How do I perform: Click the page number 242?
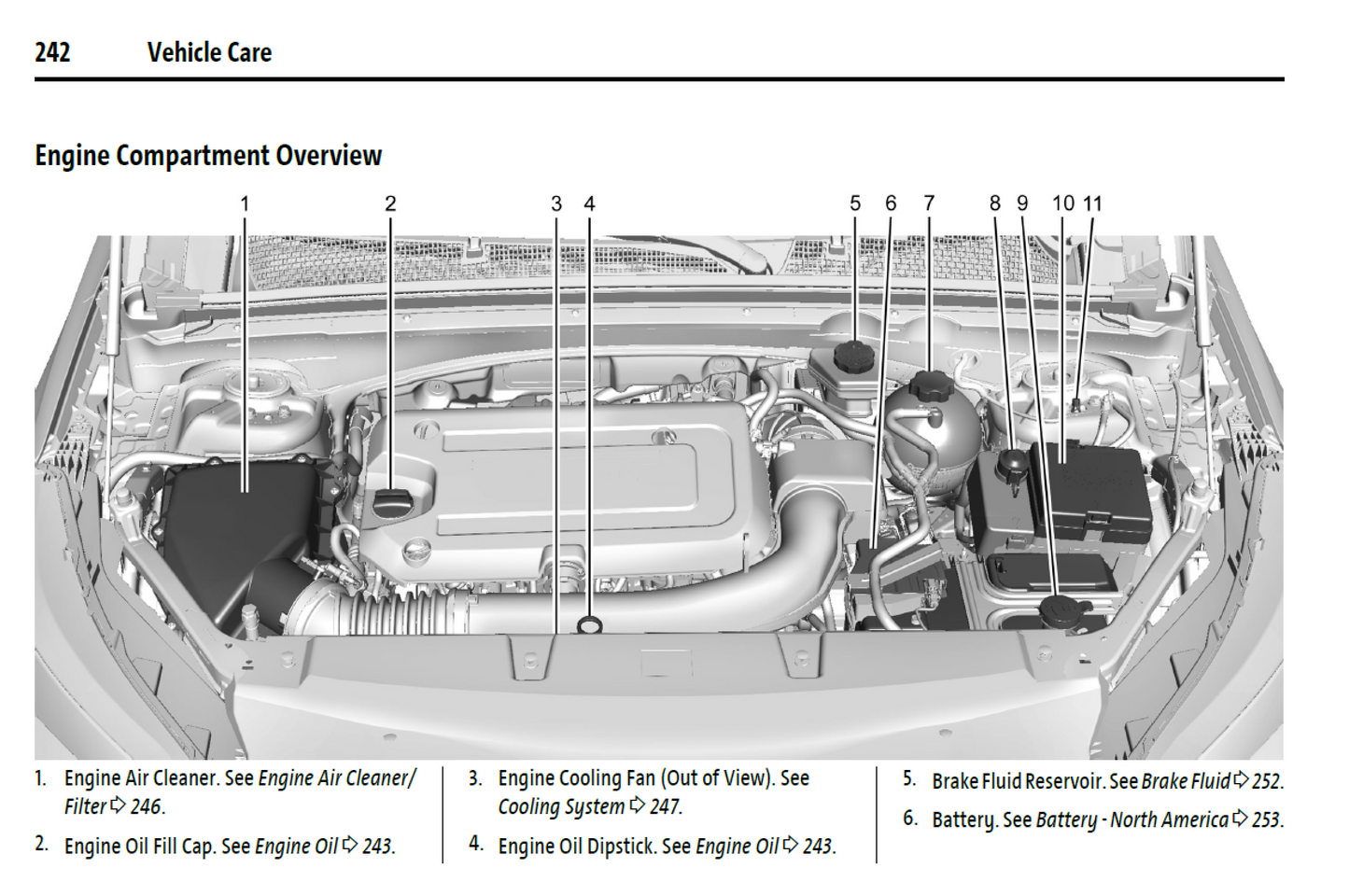click(52, 52)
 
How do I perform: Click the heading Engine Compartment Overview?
click(208, 155)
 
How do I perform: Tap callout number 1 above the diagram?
click(245, 203)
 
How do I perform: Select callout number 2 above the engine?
click(390, 203)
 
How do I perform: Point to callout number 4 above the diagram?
click(589, 203)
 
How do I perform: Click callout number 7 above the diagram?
click(929, 203)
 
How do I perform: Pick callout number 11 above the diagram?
click(1093, 203)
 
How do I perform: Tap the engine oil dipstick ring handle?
click(590, 624)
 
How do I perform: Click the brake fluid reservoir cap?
click(852, 356)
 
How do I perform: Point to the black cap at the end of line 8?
click(1012, 463)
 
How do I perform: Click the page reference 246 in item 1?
click(147, 806)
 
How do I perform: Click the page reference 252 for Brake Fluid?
click(1267, 781)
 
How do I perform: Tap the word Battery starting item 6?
click(963, 820)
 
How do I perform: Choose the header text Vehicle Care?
click(209, 52)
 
